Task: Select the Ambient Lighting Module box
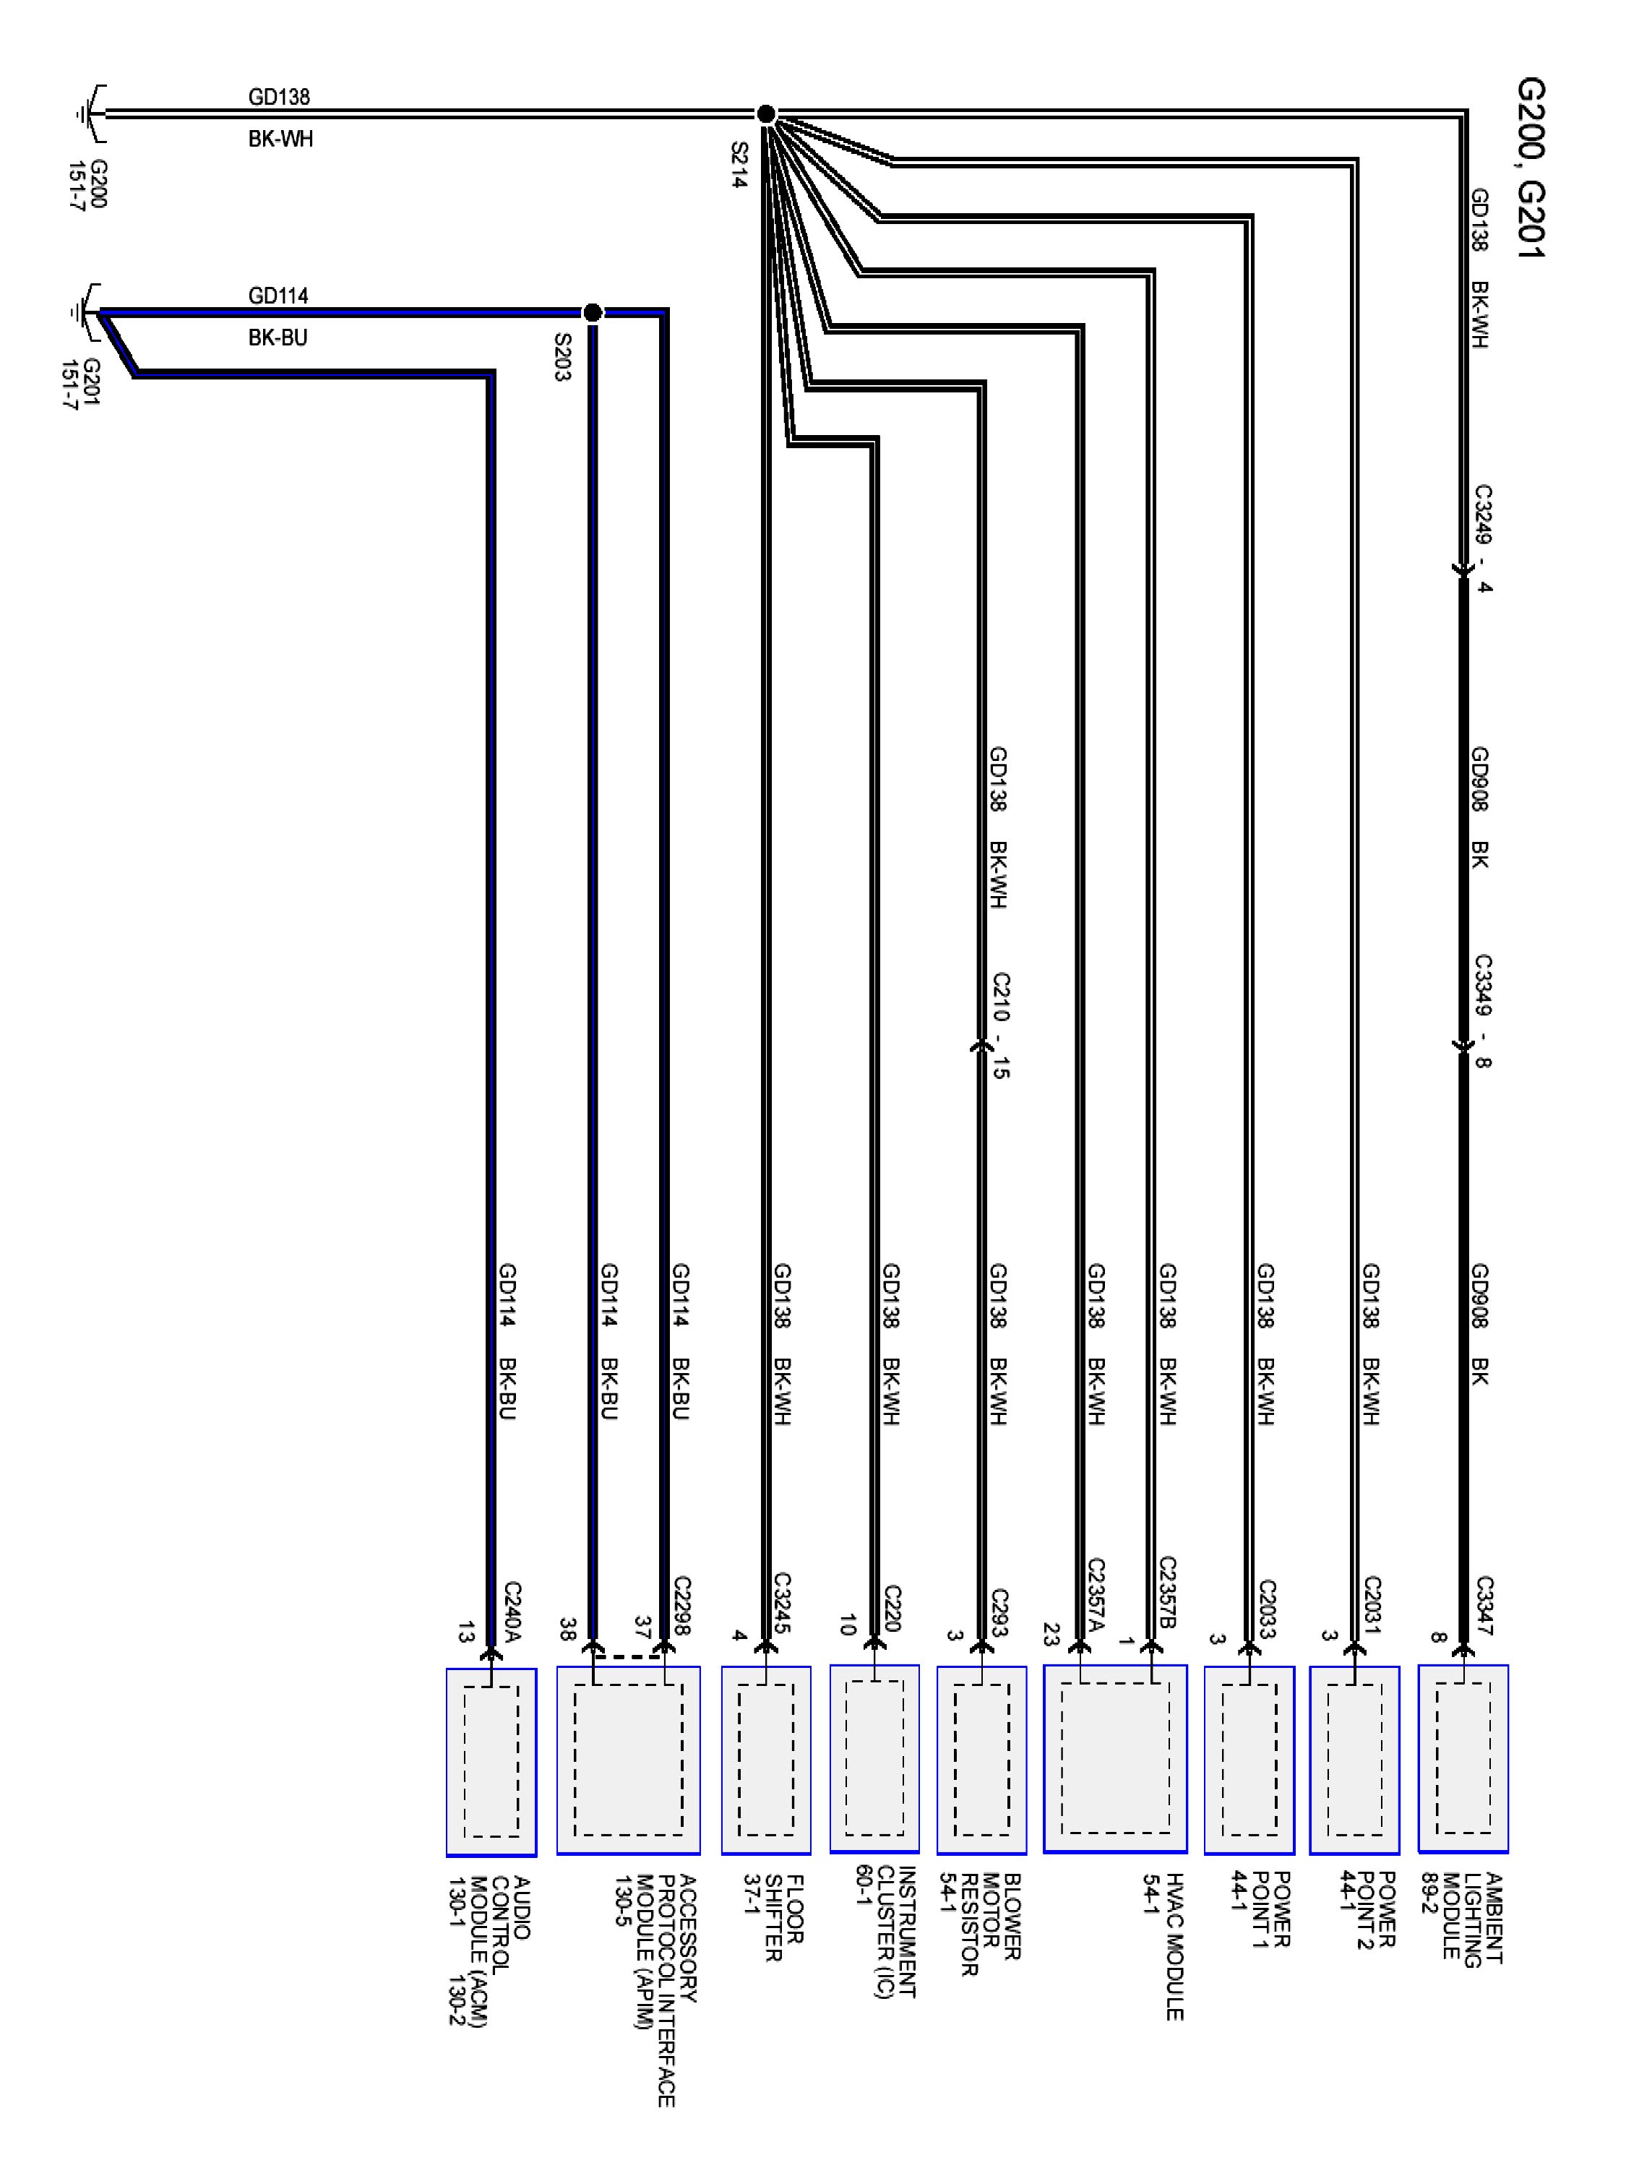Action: pyautogui.click(x=1463, y=1758)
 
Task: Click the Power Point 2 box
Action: pyautogui.click(x=1354, y=1759)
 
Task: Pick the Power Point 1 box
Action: pyautogui.click(x=1249, y=1759)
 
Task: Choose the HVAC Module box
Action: pyautogui.click(x=1114, y=1758)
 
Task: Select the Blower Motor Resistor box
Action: pyautogui.click(x=981, y=1759)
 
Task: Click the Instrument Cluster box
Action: pyautogui.click(x=874, y=1758)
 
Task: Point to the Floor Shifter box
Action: pyautogui.click(x=765, y=1759)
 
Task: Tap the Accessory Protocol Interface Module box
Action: pyautogui.click(x=628, y=1759)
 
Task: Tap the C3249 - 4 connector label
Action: pyautogui.click(x=1483, y=538)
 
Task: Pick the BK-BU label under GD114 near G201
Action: pyautogui.click(x=278, y=337)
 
